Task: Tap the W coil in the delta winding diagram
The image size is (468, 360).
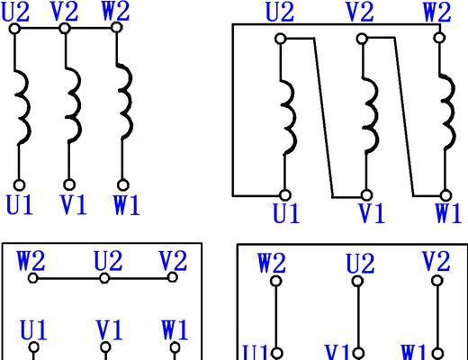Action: coord(448,112)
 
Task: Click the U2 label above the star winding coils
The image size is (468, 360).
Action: coord(15,12)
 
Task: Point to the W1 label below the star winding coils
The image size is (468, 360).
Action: coord(127,205)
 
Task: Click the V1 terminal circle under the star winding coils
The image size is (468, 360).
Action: coord(69,184)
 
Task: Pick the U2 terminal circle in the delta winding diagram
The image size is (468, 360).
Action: coord(281,39)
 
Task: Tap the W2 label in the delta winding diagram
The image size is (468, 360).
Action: coord(436,12)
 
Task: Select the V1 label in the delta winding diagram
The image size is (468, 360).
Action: coord(372,213)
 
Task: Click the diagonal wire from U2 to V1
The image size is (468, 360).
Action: coord(323,118)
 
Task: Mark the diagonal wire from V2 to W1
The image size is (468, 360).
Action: coord(404,117)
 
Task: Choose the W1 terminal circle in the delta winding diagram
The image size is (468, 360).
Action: coord(446,195)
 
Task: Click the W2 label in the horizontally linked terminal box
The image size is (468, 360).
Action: coord(31,261)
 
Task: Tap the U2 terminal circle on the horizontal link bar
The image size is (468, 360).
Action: coord(104,278)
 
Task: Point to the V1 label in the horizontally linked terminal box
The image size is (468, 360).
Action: coord(110,330)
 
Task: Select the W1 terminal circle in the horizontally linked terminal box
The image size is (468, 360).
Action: coord(175,348)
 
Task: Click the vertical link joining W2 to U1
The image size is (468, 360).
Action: coord(276,317)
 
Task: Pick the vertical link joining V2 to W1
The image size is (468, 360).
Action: coord(437,317)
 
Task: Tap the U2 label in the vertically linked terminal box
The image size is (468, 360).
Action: coord(360,264)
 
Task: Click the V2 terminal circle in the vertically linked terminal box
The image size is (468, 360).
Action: coord(437,281)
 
